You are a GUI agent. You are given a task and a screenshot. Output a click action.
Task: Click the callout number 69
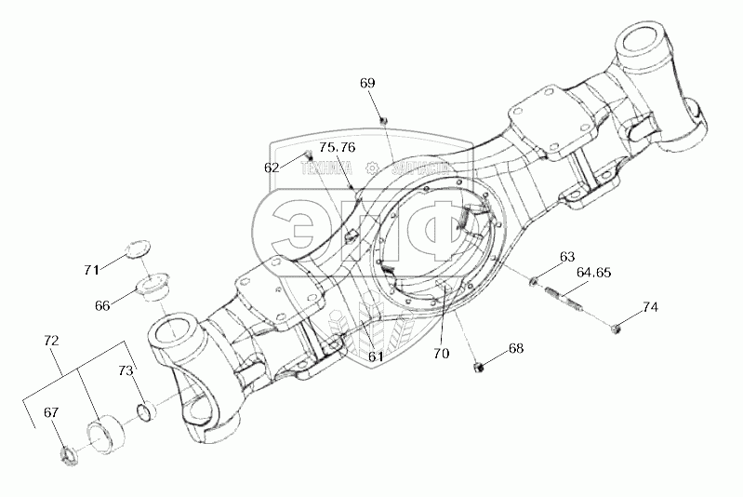(367, 83)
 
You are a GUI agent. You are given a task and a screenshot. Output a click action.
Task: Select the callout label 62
(272, 168)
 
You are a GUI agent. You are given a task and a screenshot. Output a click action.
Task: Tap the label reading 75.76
(337, 147)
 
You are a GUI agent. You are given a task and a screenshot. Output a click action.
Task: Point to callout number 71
(90, 270)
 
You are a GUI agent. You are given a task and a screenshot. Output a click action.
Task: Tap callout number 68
(516, 349)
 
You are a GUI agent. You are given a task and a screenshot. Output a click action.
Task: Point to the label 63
(566, 256)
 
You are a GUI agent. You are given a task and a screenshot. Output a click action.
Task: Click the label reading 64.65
(594, 273)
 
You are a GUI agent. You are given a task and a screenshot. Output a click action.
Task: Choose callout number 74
(650, 306)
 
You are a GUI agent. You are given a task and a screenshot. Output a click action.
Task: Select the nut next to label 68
(475, 365)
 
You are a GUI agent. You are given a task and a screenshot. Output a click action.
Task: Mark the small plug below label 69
(384, 119)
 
